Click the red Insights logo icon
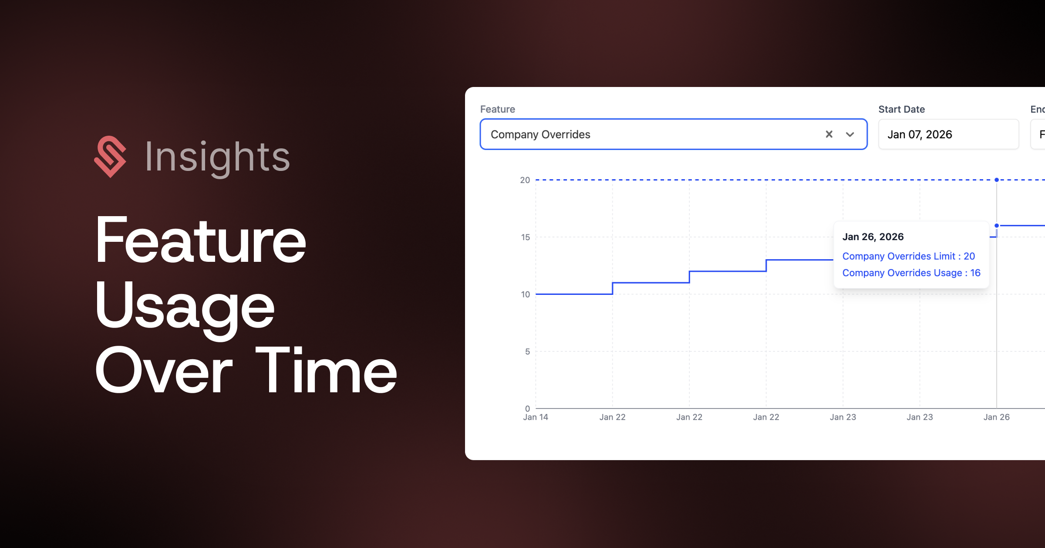110,157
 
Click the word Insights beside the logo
217,157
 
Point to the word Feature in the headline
201,240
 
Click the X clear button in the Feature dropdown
829,134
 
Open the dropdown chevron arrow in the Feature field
850,134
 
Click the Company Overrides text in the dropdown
540,134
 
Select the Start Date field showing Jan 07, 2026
949,134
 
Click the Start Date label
901,109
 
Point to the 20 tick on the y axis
525,180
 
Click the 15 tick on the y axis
526,237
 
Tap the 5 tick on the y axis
527,351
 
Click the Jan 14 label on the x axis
536,417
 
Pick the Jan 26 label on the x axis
996,417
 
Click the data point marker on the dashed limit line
997,180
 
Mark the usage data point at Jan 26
997,225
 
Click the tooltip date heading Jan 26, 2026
873,237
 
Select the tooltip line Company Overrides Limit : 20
909,256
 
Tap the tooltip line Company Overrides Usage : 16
911,273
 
